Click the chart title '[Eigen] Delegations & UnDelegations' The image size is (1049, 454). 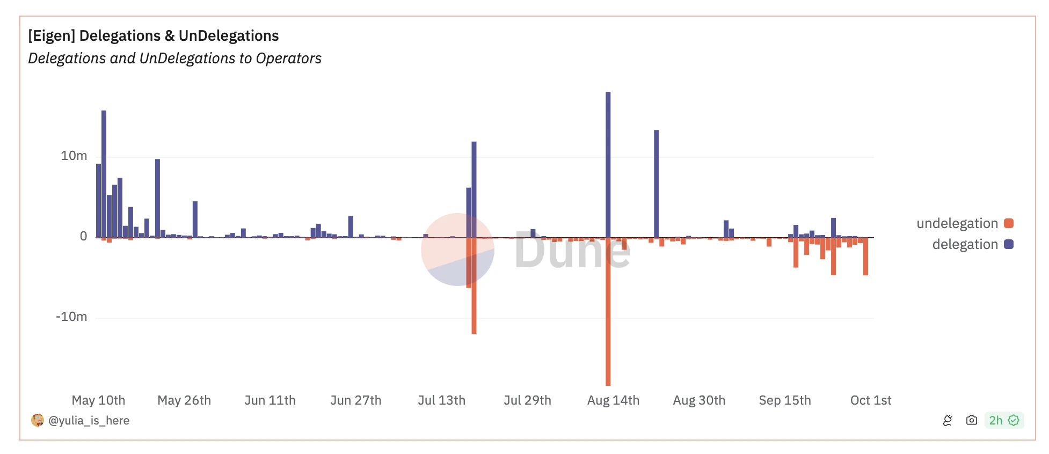(x=154, y=36)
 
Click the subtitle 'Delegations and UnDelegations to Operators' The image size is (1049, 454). (x=174, y=58)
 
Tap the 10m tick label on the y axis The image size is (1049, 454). (x=74, y=156)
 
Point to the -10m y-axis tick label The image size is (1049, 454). (x=71, y=317)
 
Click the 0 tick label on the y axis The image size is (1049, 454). (x=83, y=237)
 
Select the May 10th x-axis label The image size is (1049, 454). (x=98, y=400)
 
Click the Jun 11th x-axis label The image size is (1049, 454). (x=269, y=400)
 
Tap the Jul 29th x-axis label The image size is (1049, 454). (x=527, y=400)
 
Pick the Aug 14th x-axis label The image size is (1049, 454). (x=613, y=400)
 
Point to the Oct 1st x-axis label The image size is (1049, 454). (x=870, y=400)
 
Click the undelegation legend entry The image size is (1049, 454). (x=964, y=223)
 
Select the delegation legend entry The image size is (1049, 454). (x=972, y=244)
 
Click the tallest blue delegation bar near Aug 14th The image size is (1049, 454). (x=608, y=161)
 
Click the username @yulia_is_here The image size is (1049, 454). (x=89, y=421)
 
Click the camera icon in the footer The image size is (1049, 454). (x=971, y=420)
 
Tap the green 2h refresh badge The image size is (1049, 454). (x=1004, y=420)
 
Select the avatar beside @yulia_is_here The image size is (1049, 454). (x=38, y=420)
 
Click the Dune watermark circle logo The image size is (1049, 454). (x=457, y=250)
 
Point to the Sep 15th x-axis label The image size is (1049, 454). (x=784, y=400)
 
